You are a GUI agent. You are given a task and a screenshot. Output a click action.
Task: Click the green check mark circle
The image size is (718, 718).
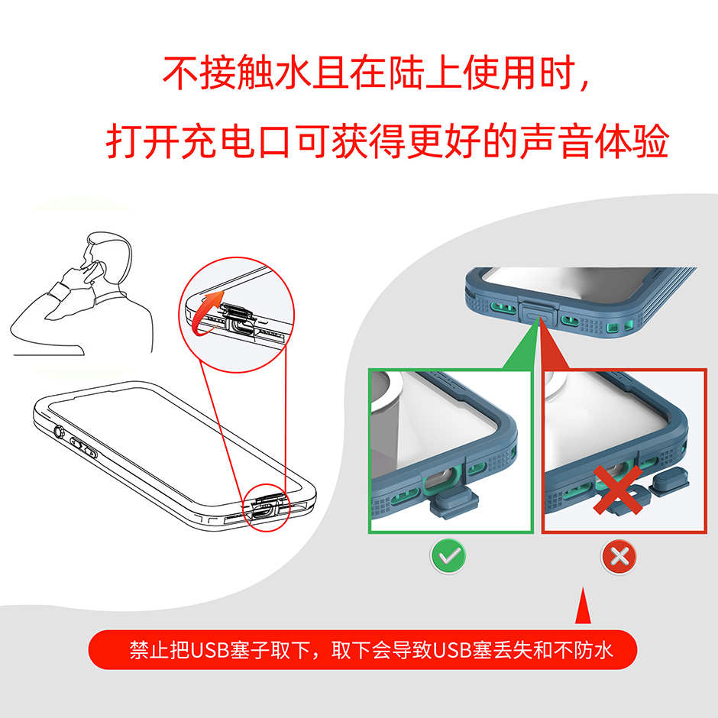[x=448, y=556]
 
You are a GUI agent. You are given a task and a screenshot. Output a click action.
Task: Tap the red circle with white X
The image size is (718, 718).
[x=619, y=557]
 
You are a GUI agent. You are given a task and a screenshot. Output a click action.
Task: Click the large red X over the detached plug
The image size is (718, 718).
[x=618, y=489]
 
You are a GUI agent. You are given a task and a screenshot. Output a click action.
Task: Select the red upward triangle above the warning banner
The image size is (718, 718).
[x=583, y=606]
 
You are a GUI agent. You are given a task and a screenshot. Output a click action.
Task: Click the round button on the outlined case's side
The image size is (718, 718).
[x=59, y=432]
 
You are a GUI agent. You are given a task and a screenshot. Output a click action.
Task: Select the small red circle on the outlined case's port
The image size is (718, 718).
[x=267, y=507]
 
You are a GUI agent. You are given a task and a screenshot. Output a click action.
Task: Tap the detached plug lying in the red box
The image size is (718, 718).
[x=669, y=484]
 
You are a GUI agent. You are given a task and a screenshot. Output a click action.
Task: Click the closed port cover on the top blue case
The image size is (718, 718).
[x=537, y=313]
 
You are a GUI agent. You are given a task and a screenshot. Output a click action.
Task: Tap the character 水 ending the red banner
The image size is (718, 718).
[x=603, y=650]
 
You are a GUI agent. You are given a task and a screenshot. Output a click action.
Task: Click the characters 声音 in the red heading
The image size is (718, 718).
[x=558, y=141]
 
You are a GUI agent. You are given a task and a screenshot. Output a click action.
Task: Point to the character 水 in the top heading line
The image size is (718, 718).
[x=293, y=73]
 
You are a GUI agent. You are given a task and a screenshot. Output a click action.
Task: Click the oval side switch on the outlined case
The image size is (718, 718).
[x=83, y=448]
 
